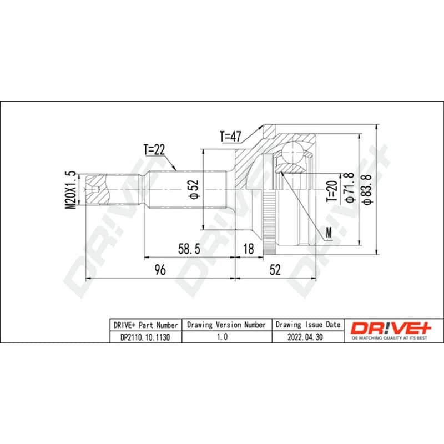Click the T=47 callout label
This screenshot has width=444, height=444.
(230, 137)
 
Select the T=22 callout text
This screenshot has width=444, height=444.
(154, 149)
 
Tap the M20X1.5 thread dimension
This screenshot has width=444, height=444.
(71, 190)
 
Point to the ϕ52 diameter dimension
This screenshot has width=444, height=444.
(195, 189)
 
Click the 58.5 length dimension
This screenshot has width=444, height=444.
(189, 249)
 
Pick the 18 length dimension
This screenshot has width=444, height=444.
(248, 249)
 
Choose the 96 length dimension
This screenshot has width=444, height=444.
(160, 270)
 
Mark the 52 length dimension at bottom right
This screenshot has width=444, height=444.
(275, 270)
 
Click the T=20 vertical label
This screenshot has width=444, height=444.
(332, 191)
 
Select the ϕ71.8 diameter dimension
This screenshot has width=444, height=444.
(349, 188)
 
